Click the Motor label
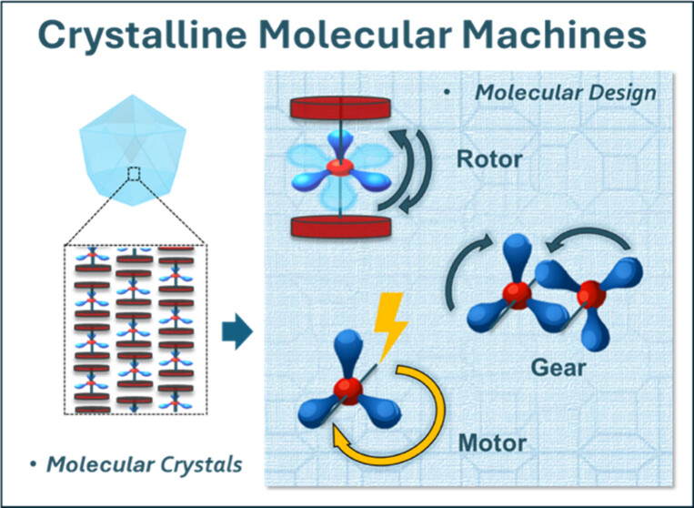tap(492, 443)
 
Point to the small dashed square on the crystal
tap(134, 174)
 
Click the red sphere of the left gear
tap(519, 297)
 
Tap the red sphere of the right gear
tap(592, 293)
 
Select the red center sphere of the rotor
tap(339, 168)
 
